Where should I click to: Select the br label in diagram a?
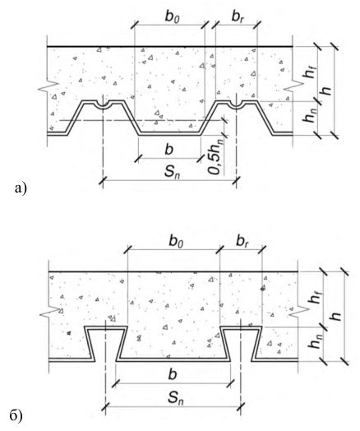(x=238, y=17)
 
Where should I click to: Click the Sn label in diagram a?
(x=172, y=173)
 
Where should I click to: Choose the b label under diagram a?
(x=168, y=150)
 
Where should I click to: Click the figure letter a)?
(x=21, y=189)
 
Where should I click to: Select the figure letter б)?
(x=16, y=416)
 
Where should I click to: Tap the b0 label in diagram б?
(x=176, y=242)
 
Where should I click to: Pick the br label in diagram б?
(x=242, y=242)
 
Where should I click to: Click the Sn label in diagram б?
(x=176, y=398)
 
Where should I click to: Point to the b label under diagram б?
(x=172, y=374)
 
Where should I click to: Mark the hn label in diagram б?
(x=315, y=341)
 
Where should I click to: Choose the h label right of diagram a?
(x=326, y=90)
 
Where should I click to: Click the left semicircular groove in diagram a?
(x=103, y=104)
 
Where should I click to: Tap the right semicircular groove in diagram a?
(x=237, y=104)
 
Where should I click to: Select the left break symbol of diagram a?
(x=48, y=86)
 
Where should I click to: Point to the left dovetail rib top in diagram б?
(x=106, y=327)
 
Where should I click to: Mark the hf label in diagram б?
(x=315, y=297)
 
